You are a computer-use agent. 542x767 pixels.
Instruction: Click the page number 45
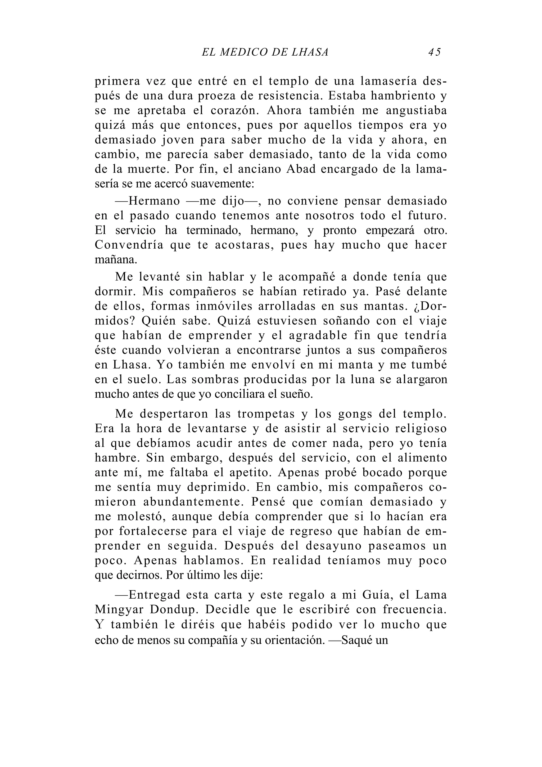tap(434, 52)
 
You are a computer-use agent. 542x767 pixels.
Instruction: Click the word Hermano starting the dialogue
tap(154, 201)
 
